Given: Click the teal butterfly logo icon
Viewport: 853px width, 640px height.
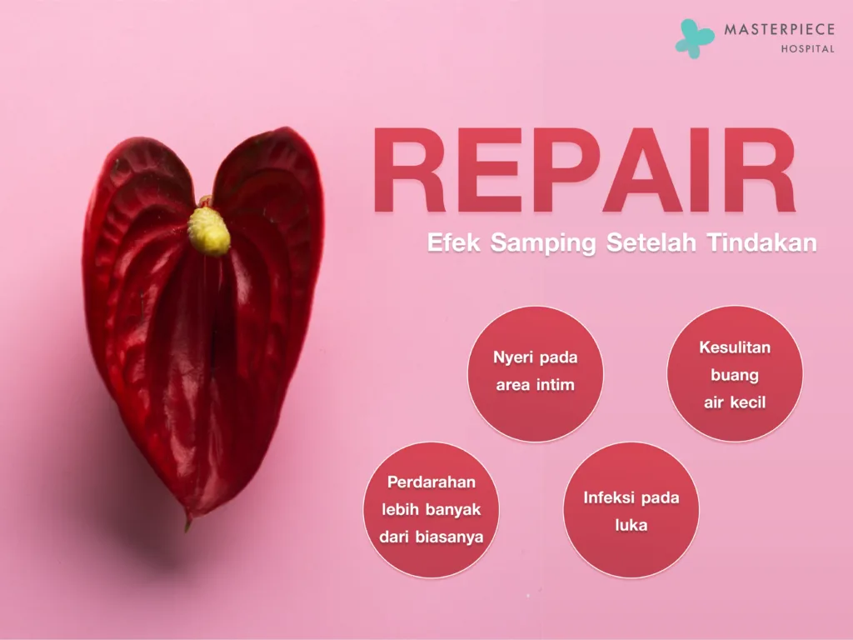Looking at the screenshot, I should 694,37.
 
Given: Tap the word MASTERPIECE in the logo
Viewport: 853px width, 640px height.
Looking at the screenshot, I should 779,30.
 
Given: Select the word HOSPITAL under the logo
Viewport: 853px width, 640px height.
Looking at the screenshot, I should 807,48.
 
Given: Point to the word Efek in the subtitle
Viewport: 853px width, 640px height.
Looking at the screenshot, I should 454,243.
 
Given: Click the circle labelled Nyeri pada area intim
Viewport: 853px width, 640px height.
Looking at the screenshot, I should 535,373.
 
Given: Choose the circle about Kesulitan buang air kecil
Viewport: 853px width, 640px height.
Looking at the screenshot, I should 735,373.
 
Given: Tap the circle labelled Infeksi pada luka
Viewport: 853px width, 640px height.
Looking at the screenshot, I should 631,510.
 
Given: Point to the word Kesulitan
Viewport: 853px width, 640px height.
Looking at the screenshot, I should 735,347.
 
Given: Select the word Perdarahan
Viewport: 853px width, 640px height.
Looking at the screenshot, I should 431,482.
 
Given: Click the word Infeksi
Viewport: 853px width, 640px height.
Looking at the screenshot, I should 608,498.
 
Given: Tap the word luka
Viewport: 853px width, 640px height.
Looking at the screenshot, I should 631,526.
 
